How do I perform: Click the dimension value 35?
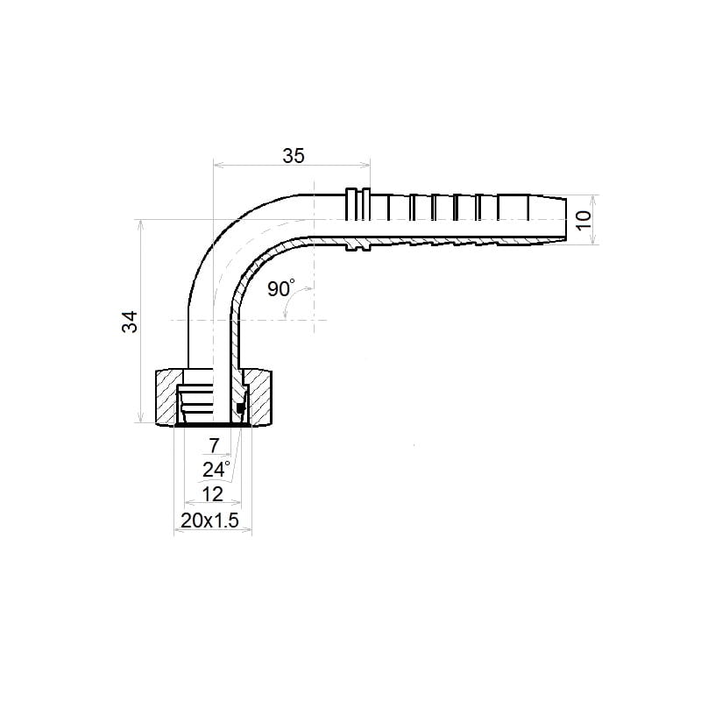coord(294,156)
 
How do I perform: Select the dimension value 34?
coord(130,322)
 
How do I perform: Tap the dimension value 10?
coord(584,220)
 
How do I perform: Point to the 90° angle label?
coord(280,288)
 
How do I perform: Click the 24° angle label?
coord(216,470)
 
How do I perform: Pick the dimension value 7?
coord(214,445)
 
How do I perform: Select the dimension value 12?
coord(213,494)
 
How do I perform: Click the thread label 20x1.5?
coord(209,520)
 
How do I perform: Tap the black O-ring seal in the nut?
coord(240,407)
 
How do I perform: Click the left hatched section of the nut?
coord(166,396)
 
